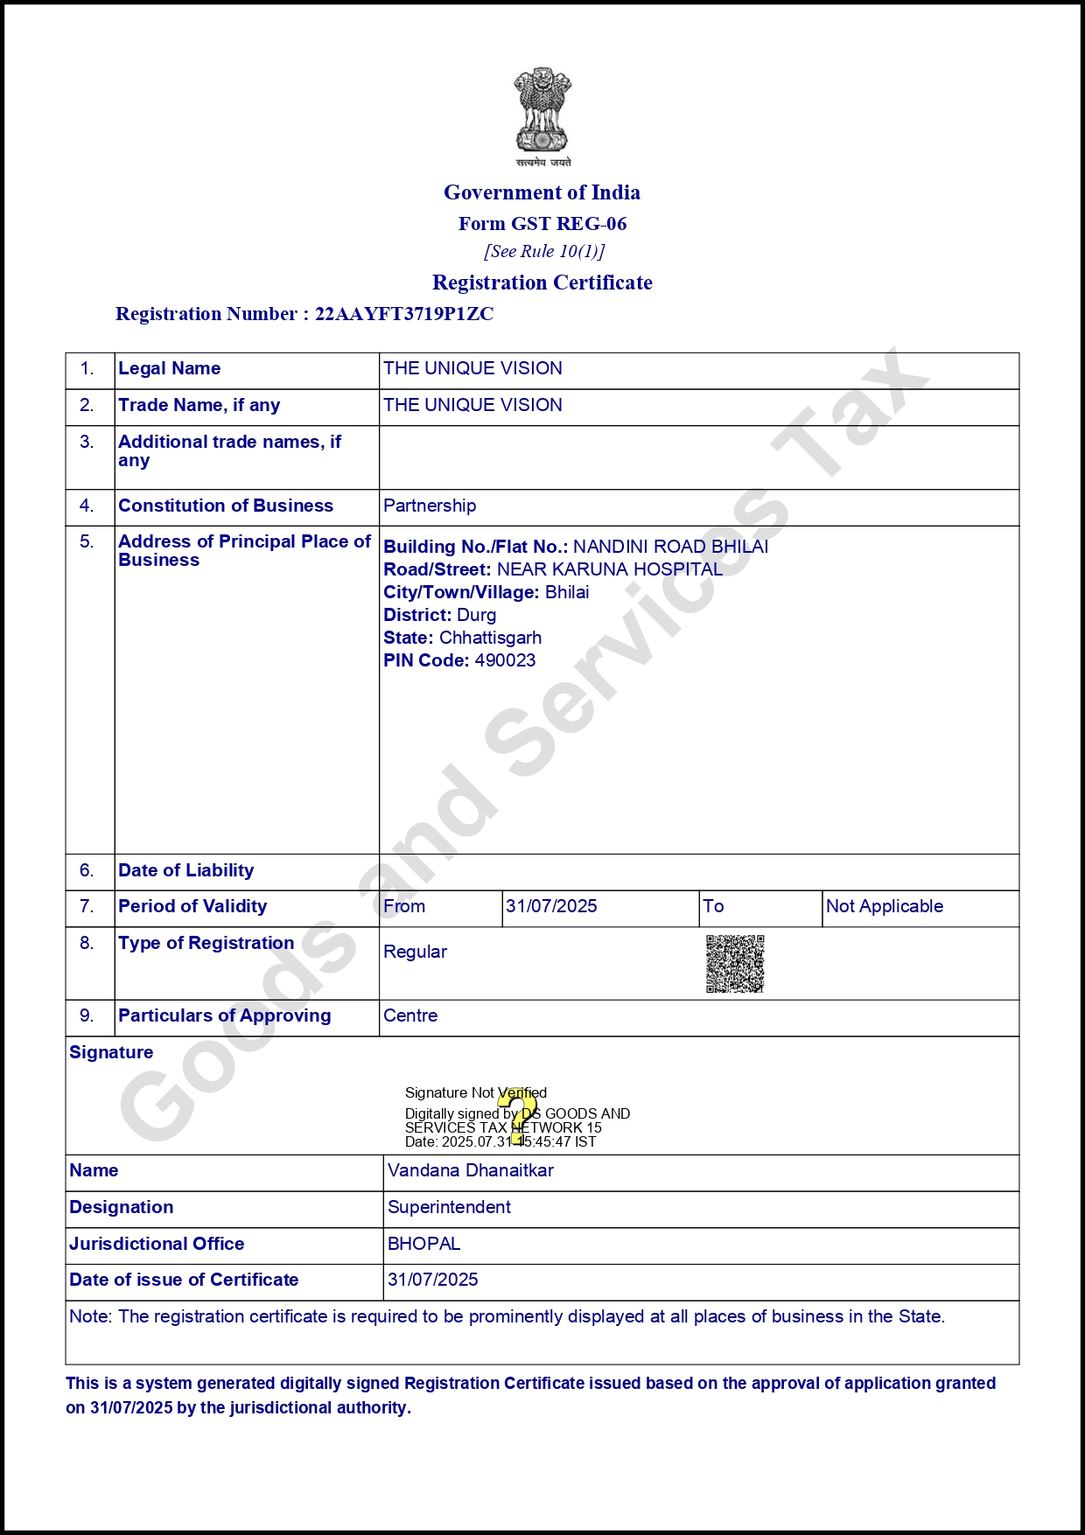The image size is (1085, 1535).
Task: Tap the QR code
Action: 735,964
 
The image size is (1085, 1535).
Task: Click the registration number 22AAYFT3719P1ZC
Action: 404,314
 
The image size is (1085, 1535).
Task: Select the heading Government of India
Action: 542,192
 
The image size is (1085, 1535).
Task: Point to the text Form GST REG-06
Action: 542,224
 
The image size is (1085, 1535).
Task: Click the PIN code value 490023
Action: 505,660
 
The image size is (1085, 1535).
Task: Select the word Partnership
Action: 430,506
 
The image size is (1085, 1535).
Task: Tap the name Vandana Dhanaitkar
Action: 471,1170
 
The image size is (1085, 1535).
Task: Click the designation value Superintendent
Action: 449,1207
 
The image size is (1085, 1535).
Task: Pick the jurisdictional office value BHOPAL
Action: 424,1244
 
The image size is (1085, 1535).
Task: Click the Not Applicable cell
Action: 885,906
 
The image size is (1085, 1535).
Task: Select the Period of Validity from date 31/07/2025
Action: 551,906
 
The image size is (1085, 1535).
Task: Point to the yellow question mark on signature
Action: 520,1115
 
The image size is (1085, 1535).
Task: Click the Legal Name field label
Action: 170,368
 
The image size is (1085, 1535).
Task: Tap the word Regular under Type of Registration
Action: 415,952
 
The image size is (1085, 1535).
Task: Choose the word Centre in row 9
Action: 410,1015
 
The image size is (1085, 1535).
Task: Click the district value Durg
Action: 477,615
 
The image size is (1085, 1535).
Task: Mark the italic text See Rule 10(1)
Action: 544,252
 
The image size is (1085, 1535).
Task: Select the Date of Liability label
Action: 186,870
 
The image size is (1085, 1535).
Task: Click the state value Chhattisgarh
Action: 490,638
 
